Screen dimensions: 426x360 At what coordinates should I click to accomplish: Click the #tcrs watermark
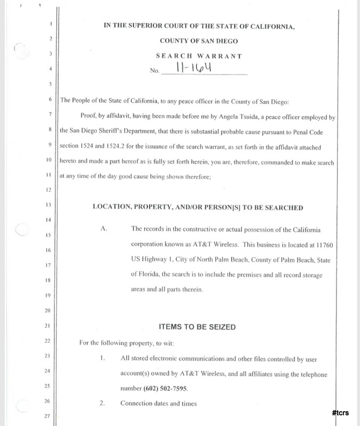point(339,413)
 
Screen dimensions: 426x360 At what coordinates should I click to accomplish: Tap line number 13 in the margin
point(48,204)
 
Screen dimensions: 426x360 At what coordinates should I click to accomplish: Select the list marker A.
point(104,229)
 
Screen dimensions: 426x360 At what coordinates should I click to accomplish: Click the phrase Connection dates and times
point(159,404)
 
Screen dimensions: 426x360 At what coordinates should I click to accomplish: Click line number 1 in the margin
point(50,24)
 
